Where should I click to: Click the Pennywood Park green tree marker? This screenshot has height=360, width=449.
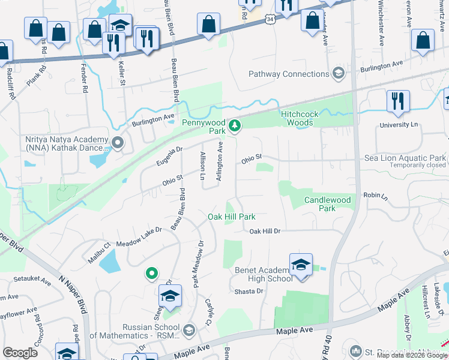point(236,126)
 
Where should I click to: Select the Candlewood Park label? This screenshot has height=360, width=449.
point(327,203)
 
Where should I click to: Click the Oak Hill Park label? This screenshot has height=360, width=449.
point(232,217)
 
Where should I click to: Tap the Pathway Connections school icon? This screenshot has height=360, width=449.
point(338,74)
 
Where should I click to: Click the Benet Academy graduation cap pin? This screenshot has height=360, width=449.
point(301,265)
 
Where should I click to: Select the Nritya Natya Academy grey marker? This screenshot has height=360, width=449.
point(118,143)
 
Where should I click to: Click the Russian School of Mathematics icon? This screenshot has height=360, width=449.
point(188,331)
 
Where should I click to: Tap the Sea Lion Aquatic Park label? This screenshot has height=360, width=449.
point(405,158)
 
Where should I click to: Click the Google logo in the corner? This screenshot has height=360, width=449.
point(20,353)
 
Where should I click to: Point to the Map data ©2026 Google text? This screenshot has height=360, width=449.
point(412,355)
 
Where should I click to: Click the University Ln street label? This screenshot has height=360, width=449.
point(398,125)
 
